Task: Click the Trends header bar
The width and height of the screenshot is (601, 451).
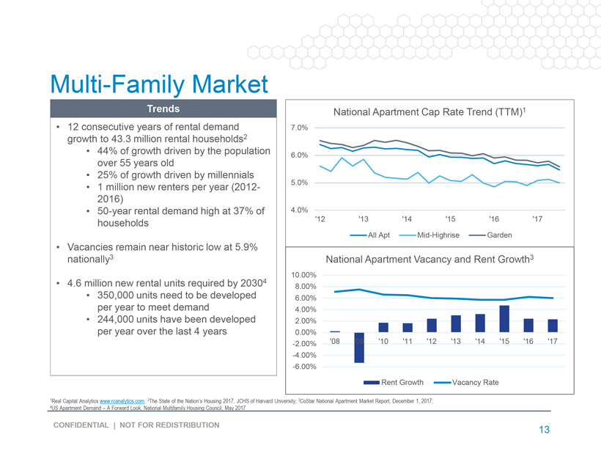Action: click(x=163, y=109)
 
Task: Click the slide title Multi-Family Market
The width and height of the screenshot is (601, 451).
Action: click(x=159, y=84)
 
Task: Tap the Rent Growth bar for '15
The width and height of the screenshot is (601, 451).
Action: click(x=504, y=319)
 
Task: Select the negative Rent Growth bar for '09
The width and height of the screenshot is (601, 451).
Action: click(x=359, y=348)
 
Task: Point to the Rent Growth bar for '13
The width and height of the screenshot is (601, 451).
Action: click(x=456, y=323)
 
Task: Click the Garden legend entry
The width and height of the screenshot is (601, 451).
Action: click(x=490, y=235)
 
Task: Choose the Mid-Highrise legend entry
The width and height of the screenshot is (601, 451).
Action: click(x=429, y=235)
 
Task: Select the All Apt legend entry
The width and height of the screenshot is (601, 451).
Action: click(x=370, y=235)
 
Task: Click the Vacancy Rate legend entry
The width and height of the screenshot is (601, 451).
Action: click(x=466, y=382)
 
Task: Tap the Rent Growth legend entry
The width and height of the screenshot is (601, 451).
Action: click(x=394, y=382)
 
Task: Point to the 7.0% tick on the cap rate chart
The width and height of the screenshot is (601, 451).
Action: click(x=299, y=128)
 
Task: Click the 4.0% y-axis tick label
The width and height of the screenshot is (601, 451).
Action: click(x=299, y=210)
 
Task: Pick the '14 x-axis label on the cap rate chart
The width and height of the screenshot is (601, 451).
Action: click(x=407, y=219)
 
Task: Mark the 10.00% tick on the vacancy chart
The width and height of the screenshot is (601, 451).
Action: click(x=303, y=275)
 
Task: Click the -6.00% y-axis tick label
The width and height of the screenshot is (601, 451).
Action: click(x=304, y=367)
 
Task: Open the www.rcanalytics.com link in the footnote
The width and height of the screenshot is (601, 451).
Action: click(x=122, y=401)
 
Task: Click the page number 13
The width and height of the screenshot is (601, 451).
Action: click(x=545, y=430)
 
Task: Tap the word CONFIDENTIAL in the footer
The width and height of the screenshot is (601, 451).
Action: click(x=81, y=425)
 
